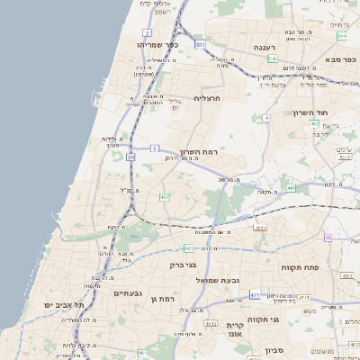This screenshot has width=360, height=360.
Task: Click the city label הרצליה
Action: point(207,98)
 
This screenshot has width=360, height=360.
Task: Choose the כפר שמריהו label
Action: point(160,44)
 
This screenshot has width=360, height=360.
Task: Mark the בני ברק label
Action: point(183,265)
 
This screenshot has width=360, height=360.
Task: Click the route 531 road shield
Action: point(200,43)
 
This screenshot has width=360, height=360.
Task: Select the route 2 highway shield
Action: point(147,32)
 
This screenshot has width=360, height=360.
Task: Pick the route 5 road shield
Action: point(155,148)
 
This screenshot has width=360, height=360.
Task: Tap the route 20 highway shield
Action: point(130,157)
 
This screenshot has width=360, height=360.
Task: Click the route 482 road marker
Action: point(164,196)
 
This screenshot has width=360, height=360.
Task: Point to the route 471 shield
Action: point(256,294)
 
